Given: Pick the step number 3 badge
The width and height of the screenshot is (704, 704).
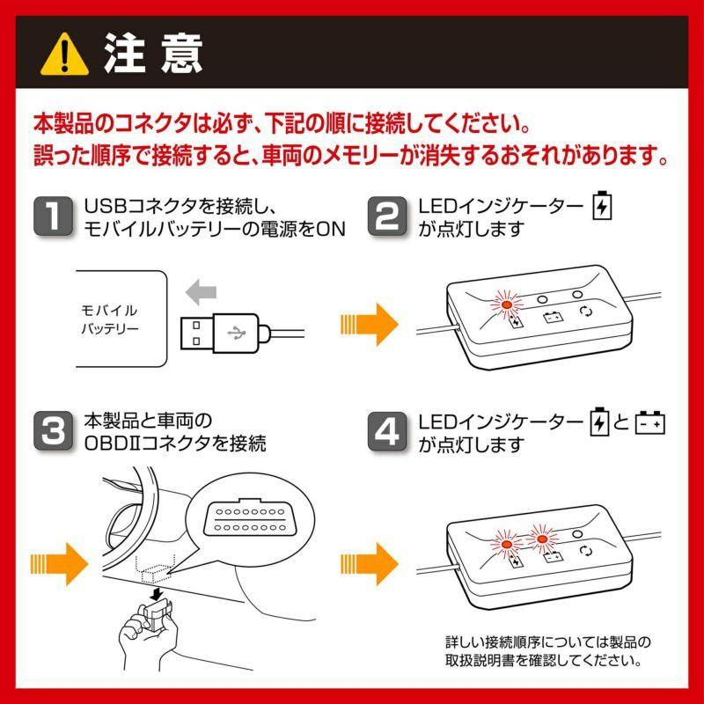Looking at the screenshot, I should coord(55,430).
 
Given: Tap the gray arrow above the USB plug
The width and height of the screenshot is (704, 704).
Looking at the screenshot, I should coord(202,291).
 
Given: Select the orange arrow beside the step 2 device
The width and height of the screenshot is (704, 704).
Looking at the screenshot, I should coord(370,325).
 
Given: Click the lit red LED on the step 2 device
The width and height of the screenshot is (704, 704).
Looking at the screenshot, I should coord(506,304).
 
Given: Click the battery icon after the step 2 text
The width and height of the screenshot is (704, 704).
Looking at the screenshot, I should coord(602,206).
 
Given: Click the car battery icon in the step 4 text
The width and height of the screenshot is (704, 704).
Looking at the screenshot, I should coord(651,422).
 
